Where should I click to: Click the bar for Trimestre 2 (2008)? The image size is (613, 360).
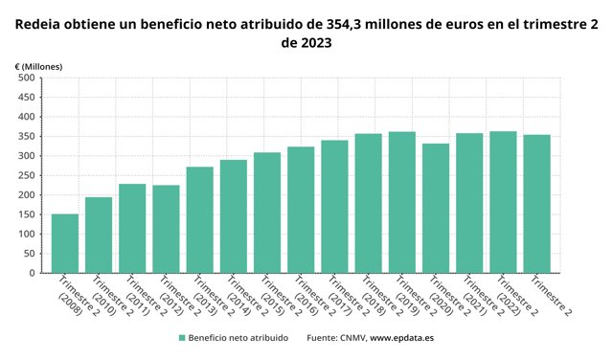click(x=65, y=243)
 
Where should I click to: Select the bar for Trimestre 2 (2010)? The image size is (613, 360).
click(x=99, y=235)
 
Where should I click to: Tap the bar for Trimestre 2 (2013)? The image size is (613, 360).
click(x=199, y=219)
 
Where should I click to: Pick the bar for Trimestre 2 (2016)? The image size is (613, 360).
click(x=301, y=210)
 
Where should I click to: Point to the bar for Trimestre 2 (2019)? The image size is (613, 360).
click(x=401, y=202)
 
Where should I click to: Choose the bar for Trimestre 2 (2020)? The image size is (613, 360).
click(x=436, y=208)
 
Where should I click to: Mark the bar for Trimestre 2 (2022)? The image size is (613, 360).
click(x=503, y=202)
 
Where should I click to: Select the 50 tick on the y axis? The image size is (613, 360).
click(x=28, y=253)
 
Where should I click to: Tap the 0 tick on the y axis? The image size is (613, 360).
click(x=31, y=273)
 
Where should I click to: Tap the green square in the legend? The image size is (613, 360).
click(x=181, y=338)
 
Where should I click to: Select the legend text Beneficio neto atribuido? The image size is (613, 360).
click(x=238, y=338)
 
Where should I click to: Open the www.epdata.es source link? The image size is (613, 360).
click(x=403, y=338)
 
